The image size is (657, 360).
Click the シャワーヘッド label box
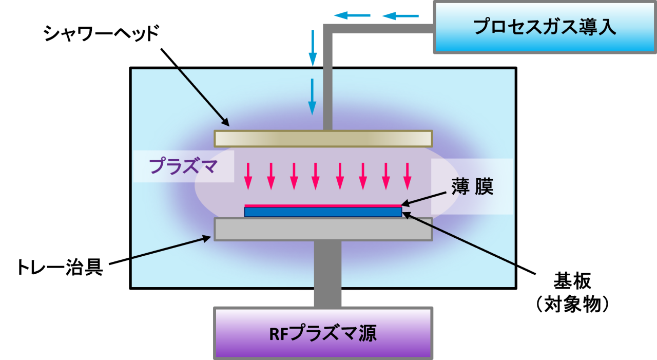point(101,34)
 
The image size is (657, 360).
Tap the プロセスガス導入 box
point(545,27)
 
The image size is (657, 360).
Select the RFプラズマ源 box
point(323,333)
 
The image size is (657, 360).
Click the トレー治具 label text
point(60,267)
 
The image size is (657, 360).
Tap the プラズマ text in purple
point(183,167)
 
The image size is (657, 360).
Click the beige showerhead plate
point(323,139)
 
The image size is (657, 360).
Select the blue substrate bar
point(323,212)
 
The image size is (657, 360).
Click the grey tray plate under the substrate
point(323,230)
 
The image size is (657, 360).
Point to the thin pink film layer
point(323,205)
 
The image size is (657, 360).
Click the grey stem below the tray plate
point(327,272)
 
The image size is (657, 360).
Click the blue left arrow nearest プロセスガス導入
point(400,16)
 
